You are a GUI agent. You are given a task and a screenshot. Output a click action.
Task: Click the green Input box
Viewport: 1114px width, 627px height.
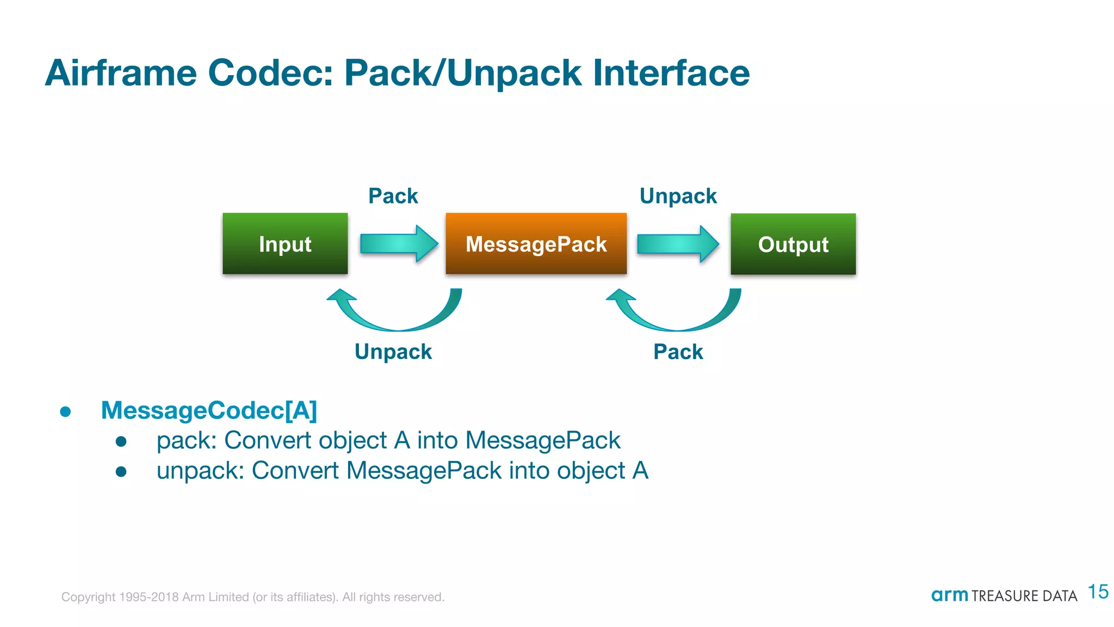coord(285,244)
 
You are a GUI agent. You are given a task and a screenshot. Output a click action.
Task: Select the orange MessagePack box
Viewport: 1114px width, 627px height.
coord(536,244)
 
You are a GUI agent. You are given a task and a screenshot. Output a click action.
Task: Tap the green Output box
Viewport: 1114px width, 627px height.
coord(793,244)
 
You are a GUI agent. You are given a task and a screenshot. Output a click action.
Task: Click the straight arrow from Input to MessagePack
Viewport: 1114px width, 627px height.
coord(399,243)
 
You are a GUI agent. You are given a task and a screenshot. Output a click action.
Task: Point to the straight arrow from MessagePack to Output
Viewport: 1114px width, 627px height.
coord(677,244)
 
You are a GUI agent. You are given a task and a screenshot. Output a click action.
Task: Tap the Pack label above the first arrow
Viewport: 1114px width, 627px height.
coord(393,196)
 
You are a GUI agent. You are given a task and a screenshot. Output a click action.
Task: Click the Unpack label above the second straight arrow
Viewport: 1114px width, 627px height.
coord(678,196)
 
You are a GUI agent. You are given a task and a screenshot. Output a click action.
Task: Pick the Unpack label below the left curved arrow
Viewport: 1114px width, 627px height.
coord(393,352)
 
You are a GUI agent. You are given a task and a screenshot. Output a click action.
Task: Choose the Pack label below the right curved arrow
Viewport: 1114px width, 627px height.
coord(678,352)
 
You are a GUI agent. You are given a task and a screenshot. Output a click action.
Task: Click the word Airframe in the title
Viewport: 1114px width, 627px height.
coord(121,73)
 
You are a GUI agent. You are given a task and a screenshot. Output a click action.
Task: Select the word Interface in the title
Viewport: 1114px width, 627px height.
coord(671,73)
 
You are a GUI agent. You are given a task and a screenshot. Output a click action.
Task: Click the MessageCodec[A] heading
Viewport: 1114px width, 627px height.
coord(209,410)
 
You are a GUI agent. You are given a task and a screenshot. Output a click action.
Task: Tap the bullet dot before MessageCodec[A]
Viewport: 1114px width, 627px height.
coord(66,412)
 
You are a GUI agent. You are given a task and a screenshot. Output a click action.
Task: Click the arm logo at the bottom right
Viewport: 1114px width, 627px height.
coord(949,595)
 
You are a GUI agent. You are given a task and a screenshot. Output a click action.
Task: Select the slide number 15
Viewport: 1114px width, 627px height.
coord(1098,592)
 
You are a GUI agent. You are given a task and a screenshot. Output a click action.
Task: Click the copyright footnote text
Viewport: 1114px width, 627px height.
coord(252,597)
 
